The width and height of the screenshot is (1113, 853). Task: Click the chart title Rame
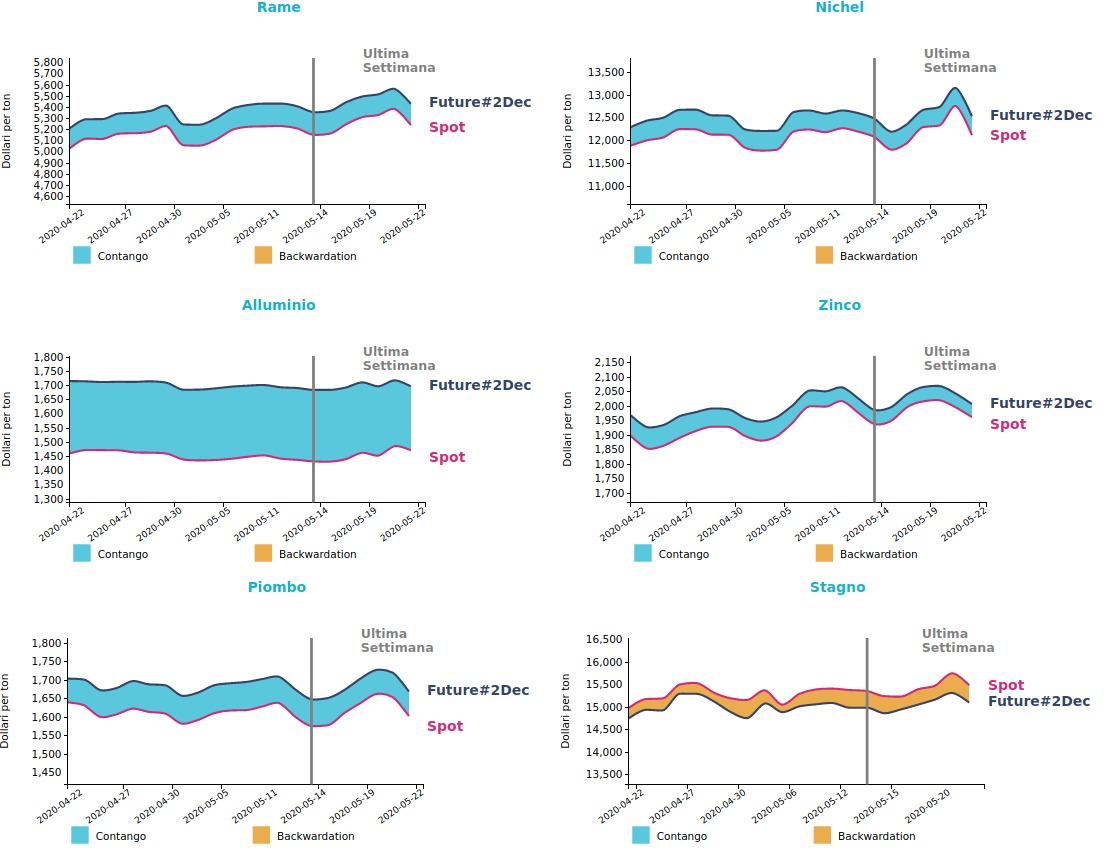278,8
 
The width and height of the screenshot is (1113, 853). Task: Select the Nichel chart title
839,8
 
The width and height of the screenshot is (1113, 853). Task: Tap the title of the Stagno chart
837,588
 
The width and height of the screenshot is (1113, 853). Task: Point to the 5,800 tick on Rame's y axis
48,62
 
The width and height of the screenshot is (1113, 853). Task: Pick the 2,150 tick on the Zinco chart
609,362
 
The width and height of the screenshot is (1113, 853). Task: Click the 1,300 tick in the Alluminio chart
48,499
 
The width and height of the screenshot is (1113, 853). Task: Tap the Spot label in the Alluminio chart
447,458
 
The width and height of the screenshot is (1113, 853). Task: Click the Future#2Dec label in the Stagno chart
1039,702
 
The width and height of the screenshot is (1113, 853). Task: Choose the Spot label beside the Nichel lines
1008,136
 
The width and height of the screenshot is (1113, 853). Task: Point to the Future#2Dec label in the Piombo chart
478,691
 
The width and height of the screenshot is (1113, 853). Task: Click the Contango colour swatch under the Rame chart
82,256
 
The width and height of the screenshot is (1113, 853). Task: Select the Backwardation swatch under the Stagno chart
822,836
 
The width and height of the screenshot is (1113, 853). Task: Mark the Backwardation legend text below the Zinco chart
878,555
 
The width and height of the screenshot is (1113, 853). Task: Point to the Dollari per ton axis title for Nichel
568,130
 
